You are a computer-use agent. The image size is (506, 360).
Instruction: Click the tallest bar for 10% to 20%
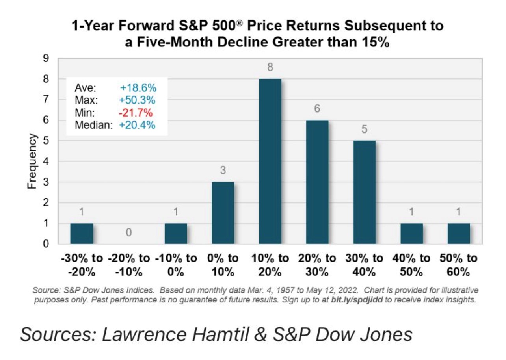click(x=270, y=161)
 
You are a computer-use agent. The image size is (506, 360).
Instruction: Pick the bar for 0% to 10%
click(x=223, y=213)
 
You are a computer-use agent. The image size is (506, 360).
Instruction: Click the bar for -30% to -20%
click(x=82, y=234)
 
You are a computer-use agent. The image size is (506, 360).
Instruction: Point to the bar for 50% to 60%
click(x=459, y=234)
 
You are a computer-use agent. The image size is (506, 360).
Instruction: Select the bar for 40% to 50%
click(x=412, y=234)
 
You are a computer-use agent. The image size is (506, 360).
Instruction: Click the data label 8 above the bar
click(x=270, y=67)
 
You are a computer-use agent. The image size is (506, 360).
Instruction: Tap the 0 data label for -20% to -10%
click(x=129, y=233)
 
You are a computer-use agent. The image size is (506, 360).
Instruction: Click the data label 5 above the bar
click(x=365, y=129)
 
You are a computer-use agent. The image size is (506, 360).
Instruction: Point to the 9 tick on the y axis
click(x=46, y=58)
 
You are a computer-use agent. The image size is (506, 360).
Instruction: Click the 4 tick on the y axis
click(x=46, y=161)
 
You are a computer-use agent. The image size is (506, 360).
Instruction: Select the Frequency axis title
click(x=32, y=161)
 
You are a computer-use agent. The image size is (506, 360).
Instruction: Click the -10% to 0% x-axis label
click(x=176, y=265)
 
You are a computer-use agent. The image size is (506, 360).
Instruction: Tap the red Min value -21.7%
click(x=136, y=113)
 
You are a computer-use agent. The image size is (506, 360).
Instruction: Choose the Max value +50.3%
click(x=138, y=100)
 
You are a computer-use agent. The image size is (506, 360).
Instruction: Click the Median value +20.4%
click(x=138, y=125)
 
